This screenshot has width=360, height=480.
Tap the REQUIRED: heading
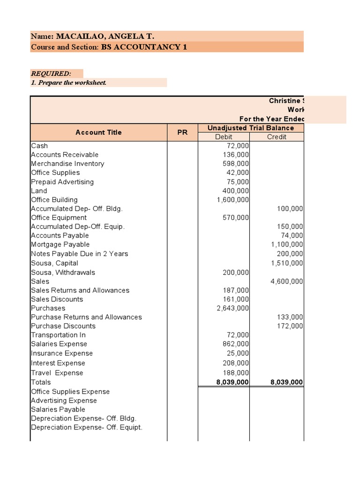pyautogui.click(x=51, y=74)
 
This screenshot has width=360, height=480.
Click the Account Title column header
pyautogui.click(x=98, y=133)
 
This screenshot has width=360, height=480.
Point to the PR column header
pyautogui.click(x=182, y=133)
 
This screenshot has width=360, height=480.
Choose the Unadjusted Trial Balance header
pyautogui.click(x=251, y=128)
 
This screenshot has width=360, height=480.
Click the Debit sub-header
pyautogui.click(x=224, y=137)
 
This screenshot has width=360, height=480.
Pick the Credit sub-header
pyautogui.click(x=277, y=137)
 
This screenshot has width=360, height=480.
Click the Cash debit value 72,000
pyautogui.click(x=237, y=146)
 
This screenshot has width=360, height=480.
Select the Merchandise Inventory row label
pyautogui.click(x=67, y=164)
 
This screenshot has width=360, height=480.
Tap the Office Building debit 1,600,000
pyautogui.click(x=232, y=200)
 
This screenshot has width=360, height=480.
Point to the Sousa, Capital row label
pyautogui.click(x=54, y=263)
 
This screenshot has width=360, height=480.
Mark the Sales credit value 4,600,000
pyautogui.click(x=287, y=281)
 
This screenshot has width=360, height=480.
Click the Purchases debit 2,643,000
pyautogui.click(x=232, y=308)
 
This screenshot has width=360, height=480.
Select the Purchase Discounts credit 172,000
pyautogui.click(x=290, y=326)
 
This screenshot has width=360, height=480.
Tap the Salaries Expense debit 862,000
pyautogui.click(x=236, y=344)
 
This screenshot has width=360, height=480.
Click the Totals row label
pyautogui.click(x=41, y=382)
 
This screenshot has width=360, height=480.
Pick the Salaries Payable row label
pyautogui.click(x=58, y=409)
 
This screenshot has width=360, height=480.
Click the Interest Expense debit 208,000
pyautogui.click(x=236, y=363)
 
